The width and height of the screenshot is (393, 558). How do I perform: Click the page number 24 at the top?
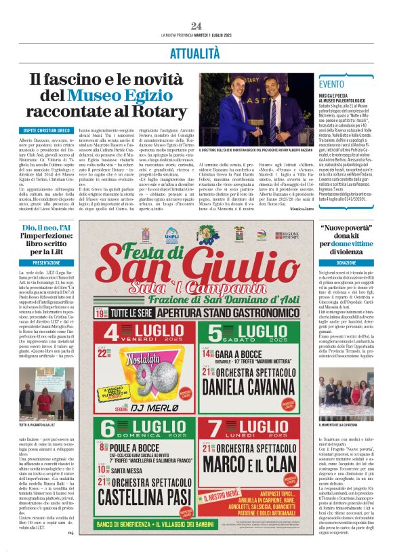tap(196, 26)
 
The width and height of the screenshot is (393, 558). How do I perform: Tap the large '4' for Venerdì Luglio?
tap(115, 334)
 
